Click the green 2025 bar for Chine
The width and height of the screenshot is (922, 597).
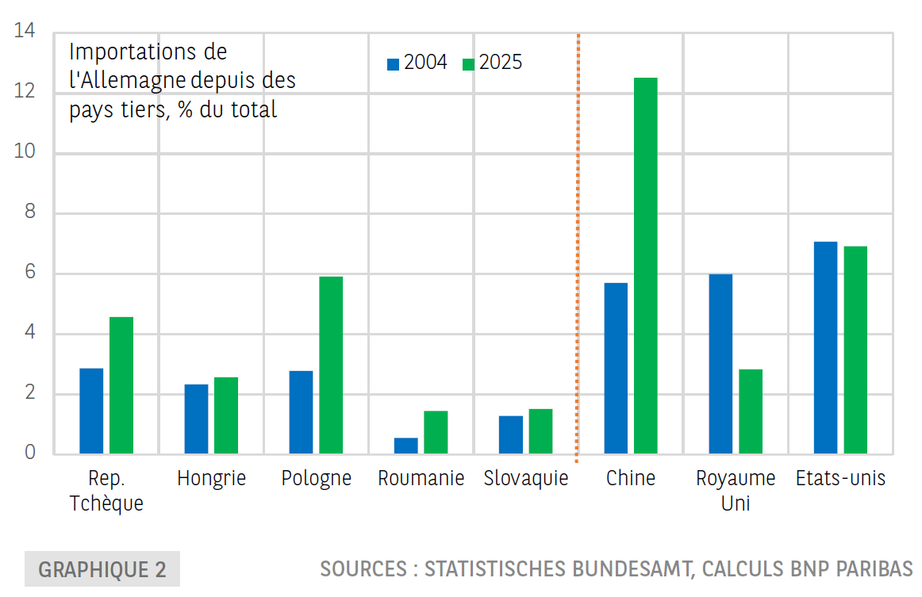645,266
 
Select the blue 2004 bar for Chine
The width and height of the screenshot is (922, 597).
616,369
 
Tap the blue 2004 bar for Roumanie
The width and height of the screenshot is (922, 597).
405,446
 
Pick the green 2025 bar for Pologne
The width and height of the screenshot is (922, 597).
331,365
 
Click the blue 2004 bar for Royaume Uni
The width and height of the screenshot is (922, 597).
720,364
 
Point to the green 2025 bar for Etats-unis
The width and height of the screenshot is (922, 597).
855,350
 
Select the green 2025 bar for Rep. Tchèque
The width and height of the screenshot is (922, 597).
121,385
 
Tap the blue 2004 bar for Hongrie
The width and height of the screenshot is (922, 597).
196,419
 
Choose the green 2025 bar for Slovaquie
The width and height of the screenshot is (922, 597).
540,431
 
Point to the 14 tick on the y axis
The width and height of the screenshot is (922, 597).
25,33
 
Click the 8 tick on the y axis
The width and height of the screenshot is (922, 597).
29,213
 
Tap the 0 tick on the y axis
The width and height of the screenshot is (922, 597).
29,453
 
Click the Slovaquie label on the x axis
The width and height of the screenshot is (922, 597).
526,479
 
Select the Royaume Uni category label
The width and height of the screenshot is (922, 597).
724,491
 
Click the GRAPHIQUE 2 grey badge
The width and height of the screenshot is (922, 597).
102,569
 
